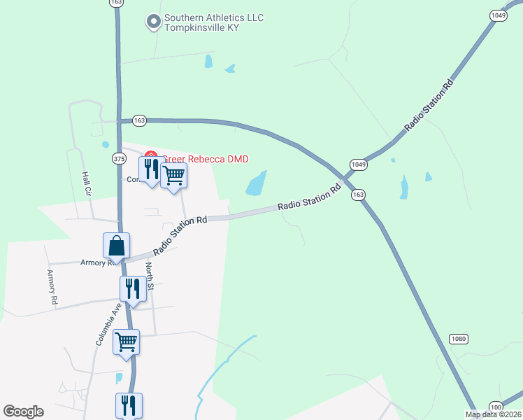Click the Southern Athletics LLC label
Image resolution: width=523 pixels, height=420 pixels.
click(213, 17)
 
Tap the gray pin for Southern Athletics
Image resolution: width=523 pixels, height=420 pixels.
click(153, 22)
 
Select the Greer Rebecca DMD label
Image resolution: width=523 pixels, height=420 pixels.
click(206, 159)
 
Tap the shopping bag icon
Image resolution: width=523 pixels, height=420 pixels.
click(116, 246)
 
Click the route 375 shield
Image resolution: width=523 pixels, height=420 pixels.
click(119, 158)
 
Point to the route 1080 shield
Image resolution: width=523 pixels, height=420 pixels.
click(458, 339)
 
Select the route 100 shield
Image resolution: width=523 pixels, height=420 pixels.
click(496, 407)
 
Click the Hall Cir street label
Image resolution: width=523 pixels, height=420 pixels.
click(87, 183)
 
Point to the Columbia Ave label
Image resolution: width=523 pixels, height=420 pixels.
click(109, 324)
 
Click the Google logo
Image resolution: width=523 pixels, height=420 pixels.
click(23, 412)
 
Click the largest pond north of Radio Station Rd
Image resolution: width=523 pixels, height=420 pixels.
click(256, 183)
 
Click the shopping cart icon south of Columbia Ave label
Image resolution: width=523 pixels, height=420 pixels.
click(127, 342)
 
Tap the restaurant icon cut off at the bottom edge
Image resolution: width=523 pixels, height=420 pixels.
click(129, 405)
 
